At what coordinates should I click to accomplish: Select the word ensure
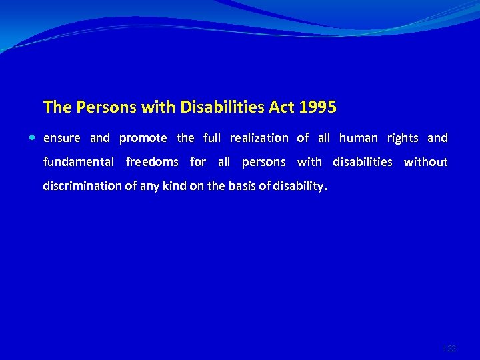pos(61,138)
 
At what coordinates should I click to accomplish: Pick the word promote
pos(143,138)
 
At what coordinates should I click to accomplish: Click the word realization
pos(259,138)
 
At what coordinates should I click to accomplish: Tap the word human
pos(358,138)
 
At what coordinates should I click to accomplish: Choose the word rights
pos(403,138)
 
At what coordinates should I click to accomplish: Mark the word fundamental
pos(79,162)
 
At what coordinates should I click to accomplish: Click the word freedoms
pos(152,162)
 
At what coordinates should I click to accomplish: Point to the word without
pos(425,162)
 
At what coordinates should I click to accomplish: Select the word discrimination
pos(83,186)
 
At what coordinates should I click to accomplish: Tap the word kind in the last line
pos(173,186)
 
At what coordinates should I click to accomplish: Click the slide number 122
pos(449,349)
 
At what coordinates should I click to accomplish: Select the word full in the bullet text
pos(211,138)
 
